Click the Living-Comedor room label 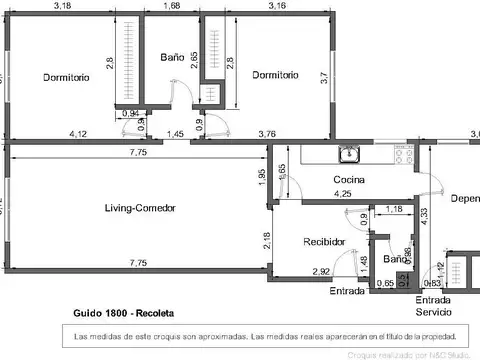tap(140, 208)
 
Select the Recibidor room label tap(324, 242)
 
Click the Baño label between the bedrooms tap(172, 58)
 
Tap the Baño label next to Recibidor tap(395, 259)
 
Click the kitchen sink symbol tap(349, 154)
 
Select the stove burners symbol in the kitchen tap(405, 155)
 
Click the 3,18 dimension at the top tap(62, 6)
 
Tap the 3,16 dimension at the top tap(277, 6)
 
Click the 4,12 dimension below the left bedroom tap(78, 134)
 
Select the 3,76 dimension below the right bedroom tap(267, 134)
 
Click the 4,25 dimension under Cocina tap(343, 193)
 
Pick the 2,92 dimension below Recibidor tap(321, 271)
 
